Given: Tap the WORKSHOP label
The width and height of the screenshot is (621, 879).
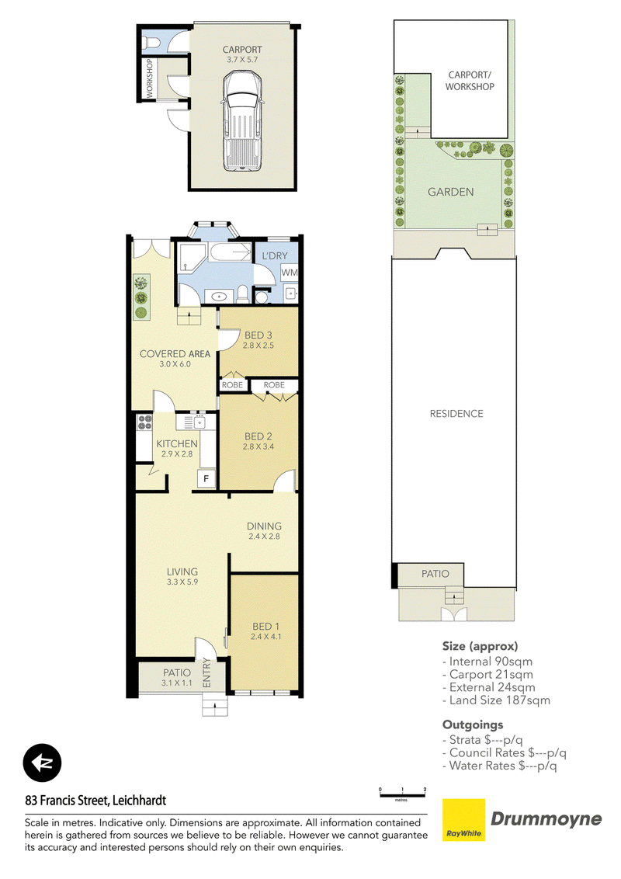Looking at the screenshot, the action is pos(150,78).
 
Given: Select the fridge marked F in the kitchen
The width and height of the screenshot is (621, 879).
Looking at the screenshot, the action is pos(206,479).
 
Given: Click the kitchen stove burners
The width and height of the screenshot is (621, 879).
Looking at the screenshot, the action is pos(144,422).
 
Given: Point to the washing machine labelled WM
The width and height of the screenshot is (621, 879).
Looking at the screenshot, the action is pos(290,273).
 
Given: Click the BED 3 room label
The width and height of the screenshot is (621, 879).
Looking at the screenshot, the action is pos(258,335).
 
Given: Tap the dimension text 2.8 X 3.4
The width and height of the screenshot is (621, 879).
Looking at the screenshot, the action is pos(258,446).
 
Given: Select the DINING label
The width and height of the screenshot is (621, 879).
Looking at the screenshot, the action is pos(264,526).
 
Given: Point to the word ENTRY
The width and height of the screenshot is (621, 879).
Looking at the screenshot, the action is pos(206,672).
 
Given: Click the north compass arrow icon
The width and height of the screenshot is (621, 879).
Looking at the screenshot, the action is pos(42,763).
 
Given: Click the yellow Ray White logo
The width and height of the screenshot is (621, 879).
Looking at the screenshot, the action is pos(464,820).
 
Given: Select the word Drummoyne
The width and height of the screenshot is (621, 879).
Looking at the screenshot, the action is pos(546,819).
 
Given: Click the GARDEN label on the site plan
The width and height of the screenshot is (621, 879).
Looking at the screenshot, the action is pos(451,192).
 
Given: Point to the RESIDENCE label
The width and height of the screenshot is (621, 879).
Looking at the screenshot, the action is pos(456,414).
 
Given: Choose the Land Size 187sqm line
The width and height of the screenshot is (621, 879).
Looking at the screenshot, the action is pos(497,700).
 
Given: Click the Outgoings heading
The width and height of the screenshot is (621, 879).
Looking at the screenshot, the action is pos(473,724).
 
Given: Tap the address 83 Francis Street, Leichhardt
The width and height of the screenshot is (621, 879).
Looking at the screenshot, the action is pos(95,801).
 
